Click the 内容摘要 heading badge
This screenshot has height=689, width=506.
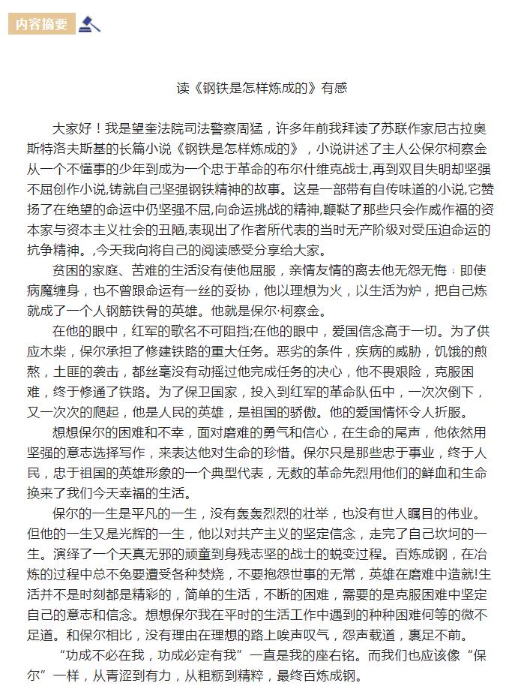[42, 24]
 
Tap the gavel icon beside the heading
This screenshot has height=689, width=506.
[90, 24]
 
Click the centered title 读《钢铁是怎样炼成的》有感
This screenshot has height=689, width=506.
[262, 88]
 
